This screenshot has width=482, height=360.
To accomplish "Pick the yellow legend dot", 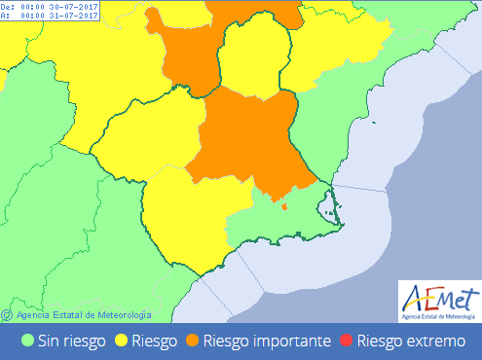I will coord(123,341).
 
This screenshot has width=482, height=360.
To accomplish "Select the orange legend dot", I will coord(191,341).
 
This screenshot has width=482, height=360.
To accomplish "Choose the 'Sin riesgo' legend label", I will coord(72,341).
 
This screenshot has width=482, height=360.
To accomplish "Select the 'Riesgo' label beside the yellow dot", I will coord(155,341).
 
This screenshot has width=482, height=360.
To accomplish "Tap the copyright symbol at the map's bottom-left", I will coord(7,314).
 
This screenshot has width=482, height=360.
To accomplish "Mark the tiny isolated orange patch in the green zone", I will coord(283,205).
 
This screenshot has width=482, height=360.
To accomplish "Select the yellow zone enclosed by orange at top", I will coord(256,58).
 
